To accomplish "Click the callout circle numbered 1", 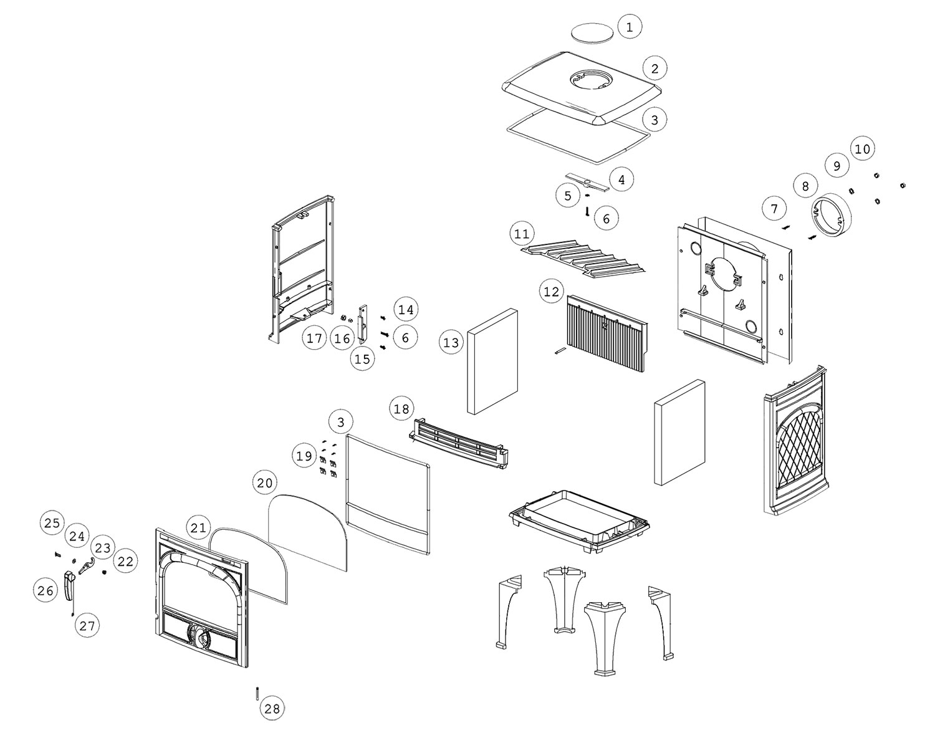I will coord(630,27).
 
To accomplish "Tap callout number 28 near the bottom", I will coord(272,708).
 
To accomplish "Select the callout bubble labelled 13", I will coord(451,342).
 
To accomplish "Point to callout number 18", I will coord(402,409).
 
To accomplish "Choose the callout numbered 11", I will coord(522,234).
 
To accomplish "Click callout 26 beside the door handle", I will coord(46,590).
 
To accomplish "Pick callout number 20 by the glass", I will coord(265,483).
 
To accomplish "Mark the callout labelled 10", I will coord(863,149).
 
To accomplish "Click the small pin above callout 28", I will coord(257,693).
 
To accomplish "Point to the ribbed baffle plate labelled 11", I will coord(583,259).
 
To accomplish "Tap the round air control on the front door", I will coord(199,636).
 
